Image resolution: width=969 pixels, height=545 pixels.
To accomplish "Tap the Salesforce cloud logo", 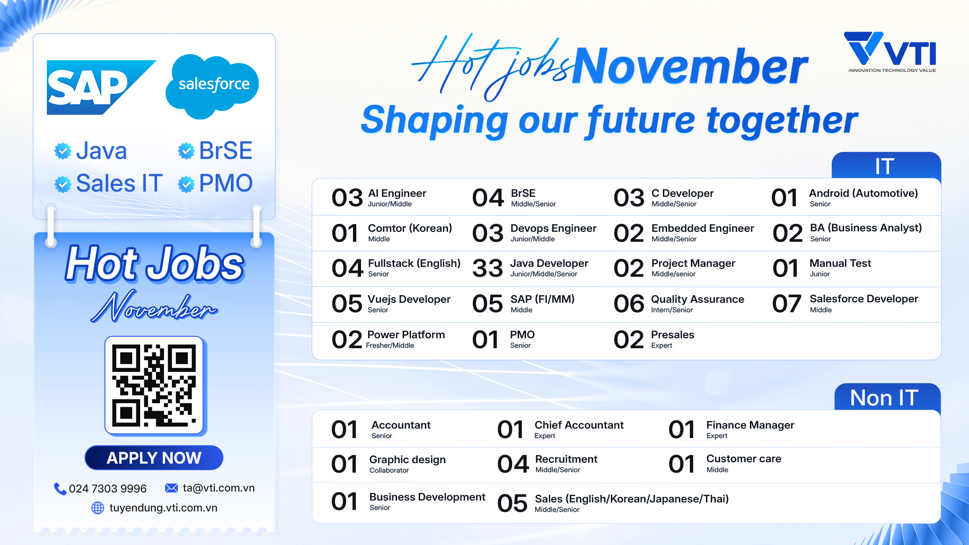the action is pyautogui.click(x=212, y=86).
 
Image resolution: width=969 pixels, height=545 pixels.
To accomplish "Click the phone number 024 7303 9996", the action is pyautogui.click(x=108, y=488).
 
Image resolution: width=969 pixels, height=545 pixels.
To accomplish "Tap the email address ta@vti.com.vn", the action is pyautogui.click(x=219, y=488).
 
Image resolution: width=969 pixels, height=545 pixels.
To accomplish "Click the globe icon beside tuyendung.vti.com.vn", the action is pyautogui.click(x=97, y=508).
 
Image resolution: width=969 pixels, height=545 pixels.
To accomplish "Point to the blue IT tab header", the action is pyautogui.click(x=886, y=166).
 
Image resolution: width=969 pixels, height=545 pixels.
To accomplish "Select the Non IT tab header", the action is pyautogui.click(x=887, y=397).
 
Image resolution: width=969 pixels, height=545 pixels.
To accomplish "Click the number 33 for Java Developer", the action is pyautogui.click(x=487, y=268).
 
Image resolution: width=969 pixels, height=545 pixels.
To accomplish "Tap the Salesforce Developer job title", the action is pyautogui.click(x=864, y=299).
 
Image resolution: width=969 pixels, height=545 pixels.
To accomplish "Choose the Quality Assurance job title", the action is pyautogui.click(x=697, y=299).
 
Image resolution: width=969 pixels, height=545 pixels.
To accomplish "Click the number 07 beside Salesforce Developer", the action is pyautogui.click(x=787, y=304).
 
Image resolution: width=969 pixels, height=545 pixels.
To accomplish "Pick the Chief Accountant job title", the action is pyautogui.click(x=579, y=425).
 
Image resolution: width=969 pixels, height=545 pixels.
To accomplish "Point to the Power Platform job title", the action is pyautogui.click(x=406, y=335).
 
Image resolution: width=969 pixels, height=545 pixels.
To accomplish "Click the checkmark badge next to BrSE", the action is pyautogui.click(x=186, y=151).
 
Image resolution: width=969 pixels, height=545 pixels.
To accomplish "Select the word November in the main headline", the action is pyautogui.click(x=690, y=66).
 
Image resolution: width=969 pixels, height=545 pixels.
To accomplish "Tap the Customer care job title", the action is pyautogui.click(x=744, y=459).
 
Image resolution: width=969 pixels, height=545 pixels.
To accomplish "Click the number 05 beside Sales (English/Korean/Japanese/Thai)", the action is pyautogui.click(x=512, y=503).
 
